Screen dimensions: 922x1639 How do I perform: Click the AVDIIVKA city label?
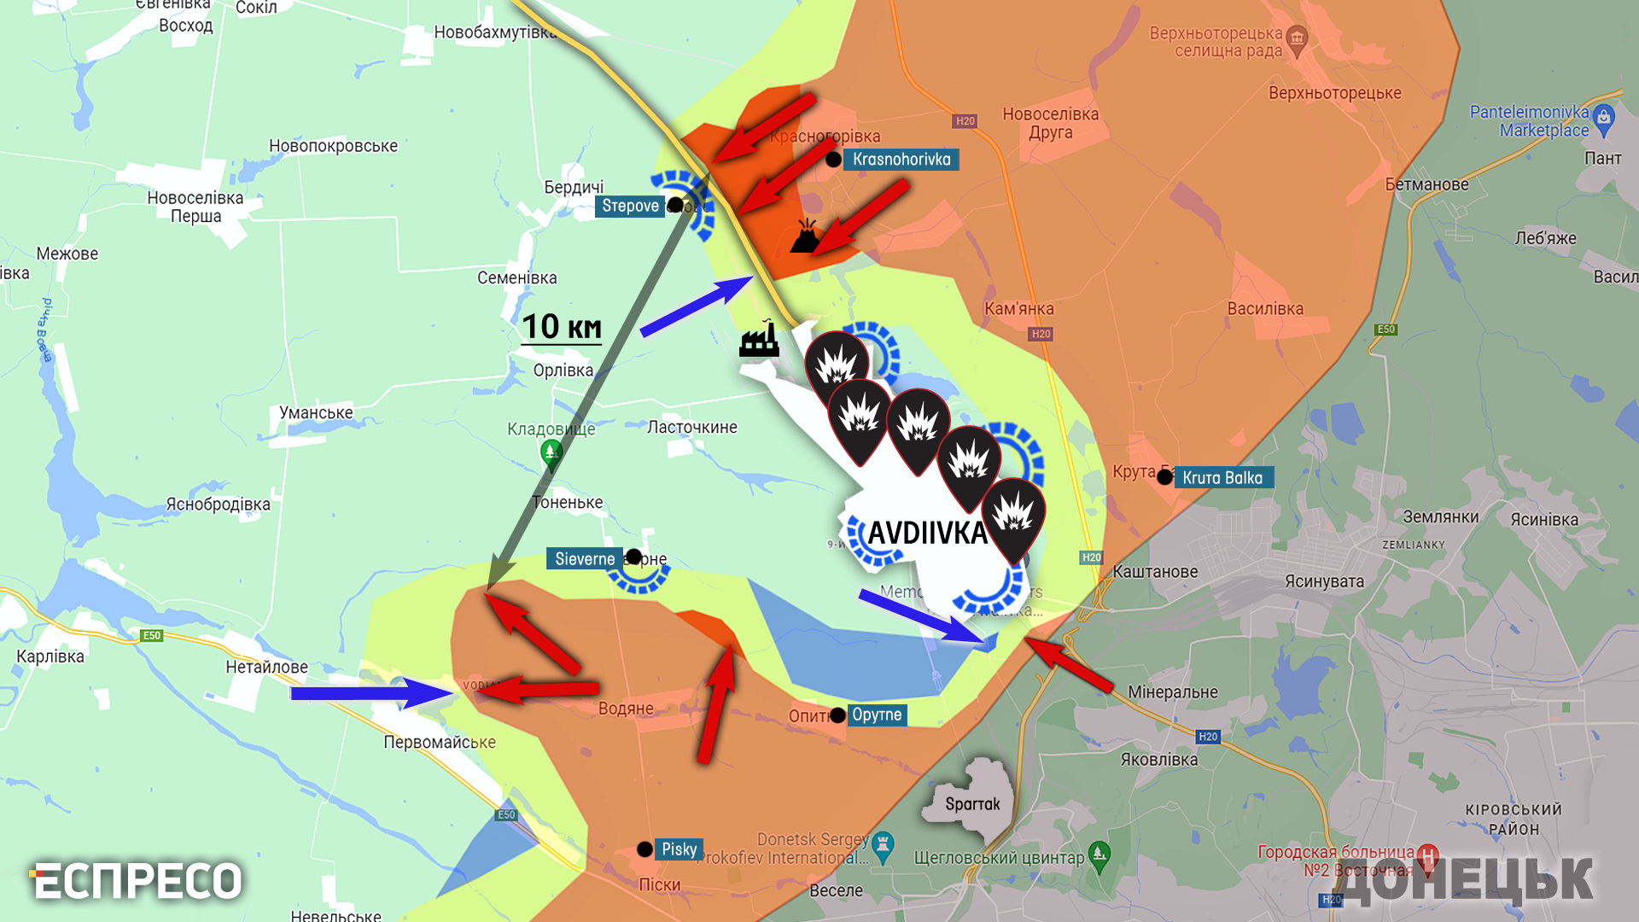[927, 534]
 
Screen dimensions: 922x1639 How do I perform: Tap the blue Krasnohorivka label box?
[901, 160]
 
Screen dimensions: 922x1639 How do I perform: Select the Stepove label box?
[630, 206]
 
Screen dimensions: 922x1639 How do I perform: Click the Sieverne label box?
[585, 559]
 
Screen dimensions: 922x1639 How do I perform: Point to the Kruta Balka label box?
[1222, 478]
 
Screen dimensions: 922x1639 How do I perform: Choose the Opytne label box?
[877, 715]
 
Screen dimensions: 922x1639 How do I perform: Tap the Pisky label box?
[679, 849]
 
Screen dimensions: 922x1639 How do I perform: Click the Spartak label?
[972, 804]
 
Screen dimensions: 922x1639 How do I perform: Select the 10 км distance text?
[562, 327]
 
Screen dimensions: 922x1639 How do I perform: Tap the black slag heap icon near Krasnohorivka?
[806, 236]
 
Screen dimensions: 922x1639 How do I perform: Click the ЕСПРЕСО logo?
[137, 881]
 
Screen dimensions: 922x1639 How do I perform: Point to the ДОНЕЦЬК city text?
[1465, 879]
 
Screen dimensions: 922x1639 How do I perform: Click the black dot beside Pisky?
[645, 849]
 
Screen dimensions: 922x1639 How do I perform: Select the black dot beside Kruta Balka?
[1164, 477]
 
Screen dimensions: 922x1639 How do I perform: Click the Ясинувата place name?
[1324, 581]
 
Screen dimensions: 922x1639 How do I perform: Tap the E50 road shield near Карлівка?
[152, 635]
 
